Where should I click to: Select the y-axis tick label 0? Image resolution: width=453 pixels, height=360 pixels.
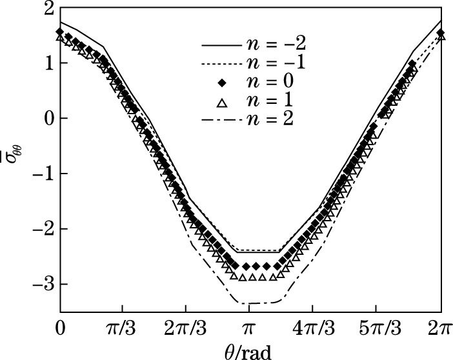47,119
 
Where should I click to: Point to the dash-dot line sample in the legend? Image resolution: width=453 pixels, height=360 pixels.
222,120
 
